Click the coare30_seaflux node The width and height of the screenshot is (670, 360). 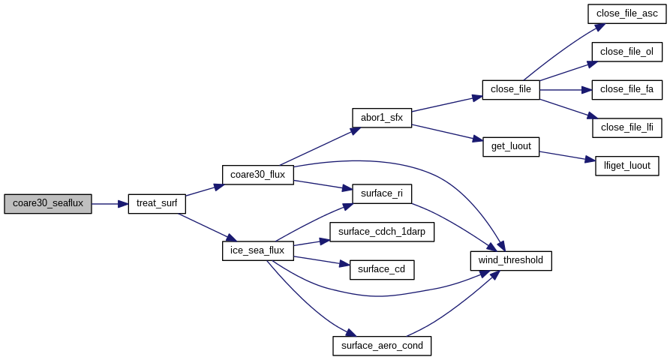pos(48,204)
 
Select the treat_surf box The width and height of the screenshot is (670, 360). pos(157,204)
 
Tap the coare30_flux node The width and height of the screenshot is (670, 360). pos(257,175)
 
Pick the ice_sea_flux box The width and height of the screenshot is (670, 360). pos(257,250)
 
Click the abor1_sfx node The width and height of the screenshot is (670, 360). pos(382,118)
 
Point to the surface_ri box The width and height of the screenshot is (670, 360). pos(382,194)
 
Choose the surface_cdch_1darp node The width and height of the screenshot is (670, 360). pos(382,232)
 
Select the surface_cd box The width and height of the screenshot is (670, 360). pos(382,270)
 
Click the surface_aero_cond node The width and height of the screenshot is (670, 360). pos(382,346)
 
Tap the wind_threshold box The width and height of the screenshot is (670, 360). pos(511,260)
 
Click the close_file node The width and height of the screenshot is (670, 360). pos(511,90)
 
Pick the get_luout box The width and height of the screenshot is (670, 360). pos(511,146)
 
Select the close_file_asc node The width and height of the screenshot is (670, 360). pos(626,13)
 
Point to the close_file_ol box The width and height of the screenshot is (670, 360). pos(626,52)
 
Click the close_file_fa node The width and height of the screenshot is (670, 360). pos(626,90)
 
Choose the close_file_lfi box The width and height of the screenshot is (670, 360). pos(626,127)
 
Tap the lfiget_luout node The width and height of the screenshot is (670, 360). pos(626,166)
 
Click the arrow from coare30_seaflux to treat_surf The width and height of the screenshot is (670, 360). pos(110,204)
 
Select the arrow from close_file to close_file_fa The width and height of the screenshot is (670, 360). pos(566,90)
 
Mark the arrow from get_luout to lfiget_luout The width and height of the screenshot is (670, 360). pos(567,156)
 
